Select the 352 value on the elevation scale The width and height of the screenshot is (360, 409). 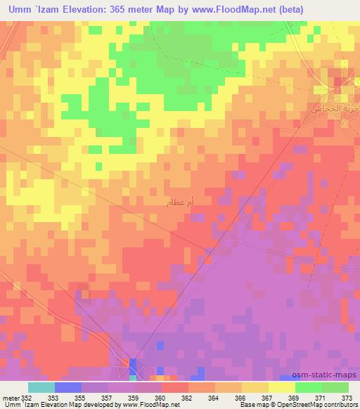[x=27, y=397]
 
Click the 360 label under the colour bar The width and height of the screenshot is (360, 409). [x=160, y=397]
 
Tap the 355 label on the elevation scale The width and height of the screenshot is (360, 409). [x=80, y=397]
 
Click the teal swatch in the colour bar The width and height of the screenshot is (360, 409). [x=41, y=387]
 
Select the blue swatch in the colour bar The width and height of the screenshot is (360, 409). [x=68, y=387]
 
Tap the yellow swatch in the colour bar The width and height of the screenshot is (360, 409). [x=282, y=387]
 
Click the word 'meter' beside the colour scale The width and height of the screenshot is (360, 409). [x=10, y=397]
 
